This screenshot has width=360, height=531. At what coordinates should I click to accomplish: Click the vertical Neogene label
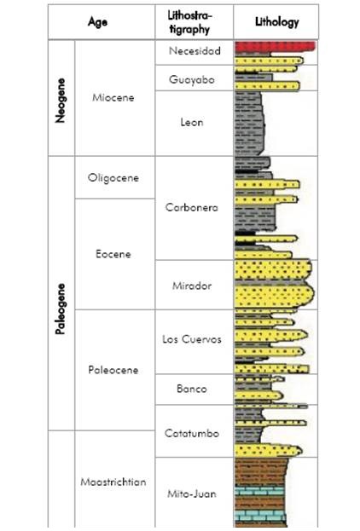(61, 99)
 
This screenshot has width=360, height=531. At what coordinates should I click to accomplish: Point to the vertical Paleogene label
(61, 294)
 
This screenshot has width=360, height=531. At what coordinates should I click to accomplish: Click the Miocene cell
(115, 99)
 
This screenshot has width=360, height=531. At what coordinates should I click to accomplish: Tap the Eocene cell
(114, 254)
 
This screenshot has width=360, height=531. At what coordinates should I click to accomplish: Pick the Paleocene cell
(114, 370)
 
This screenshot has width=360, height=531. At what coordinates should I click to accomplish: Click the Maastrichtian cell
(113, 482)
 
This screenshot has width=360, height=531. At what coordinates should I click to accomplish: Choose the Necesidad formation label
(195, 51)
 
